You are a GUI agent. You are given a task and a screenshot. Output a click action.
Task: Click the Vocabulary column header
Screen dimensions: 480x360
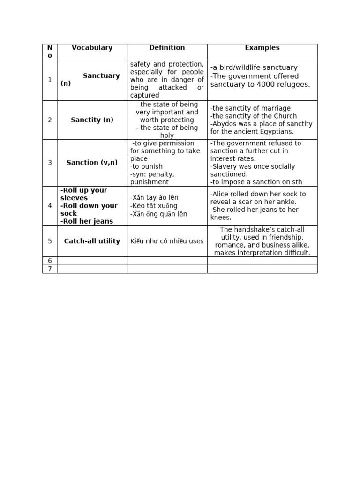pos(92,48)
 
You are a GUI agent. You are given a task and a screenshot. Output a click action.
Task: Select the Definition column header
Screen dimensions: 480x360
pos(167,48)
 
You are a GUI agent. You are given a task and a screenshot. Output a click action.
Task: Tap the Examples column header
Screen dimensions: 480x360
pos(262,48)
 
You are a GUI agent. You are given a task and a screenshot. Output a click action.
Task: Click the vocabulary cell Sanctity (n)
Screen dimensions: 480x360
pos(92,120)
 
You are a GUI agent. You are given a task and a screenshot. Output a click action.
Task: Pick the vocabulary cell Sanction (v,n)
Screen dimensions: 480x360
pos(92,163)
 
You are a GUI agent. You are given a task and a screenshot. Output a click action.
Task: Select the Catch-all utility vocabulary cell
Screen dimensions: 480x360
pos(92,241)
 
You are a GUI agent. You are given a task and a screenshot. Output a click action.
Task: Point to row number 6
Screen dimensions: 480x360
pos(50,261)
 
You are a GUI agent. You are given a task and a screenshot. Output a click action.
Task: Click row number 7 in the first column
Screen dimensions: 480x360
pos(50,269)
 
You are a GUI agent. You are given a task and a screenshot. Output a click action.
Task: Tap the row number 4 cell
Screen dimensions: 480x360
pos(50,206)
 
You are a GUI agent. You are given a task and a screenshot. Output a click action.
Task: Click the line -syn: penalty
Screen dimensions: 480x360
pos(152,174)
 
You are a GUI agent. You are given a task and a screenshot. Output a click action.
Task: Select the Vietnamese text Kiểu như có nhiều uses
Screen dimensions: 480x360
pos(167,241)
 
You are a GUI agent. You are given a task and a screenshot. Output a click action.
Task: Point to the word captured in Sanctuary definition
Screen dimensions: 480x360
pos(144,95)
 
